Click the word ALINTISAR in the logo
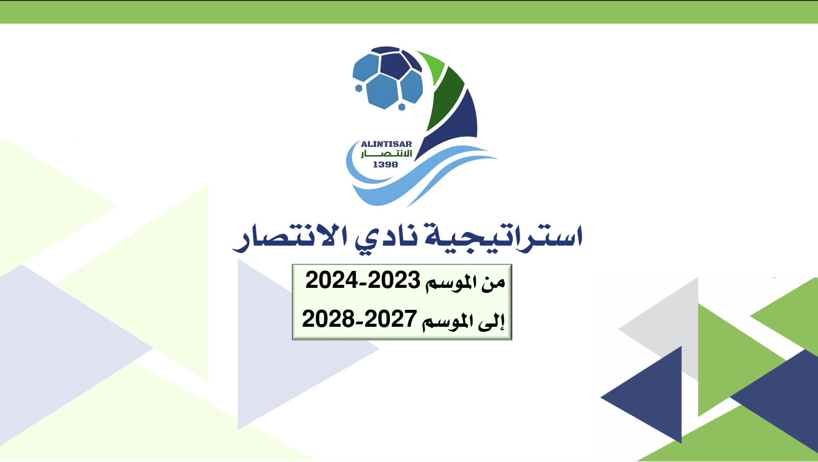(386, 144)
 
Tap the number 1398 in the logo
(385, 165)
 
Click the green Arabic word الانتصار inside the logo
(386, 154)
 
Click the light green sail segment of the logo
(433, 66)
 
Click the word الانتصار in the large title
(291, 239)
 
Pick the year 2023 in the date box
(394, 281)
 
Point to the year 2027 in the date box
(391, 319)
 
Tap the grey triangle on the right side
(672, 325)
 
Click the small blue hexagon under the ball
(402, 107)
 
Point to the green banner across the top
(409, 12)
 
